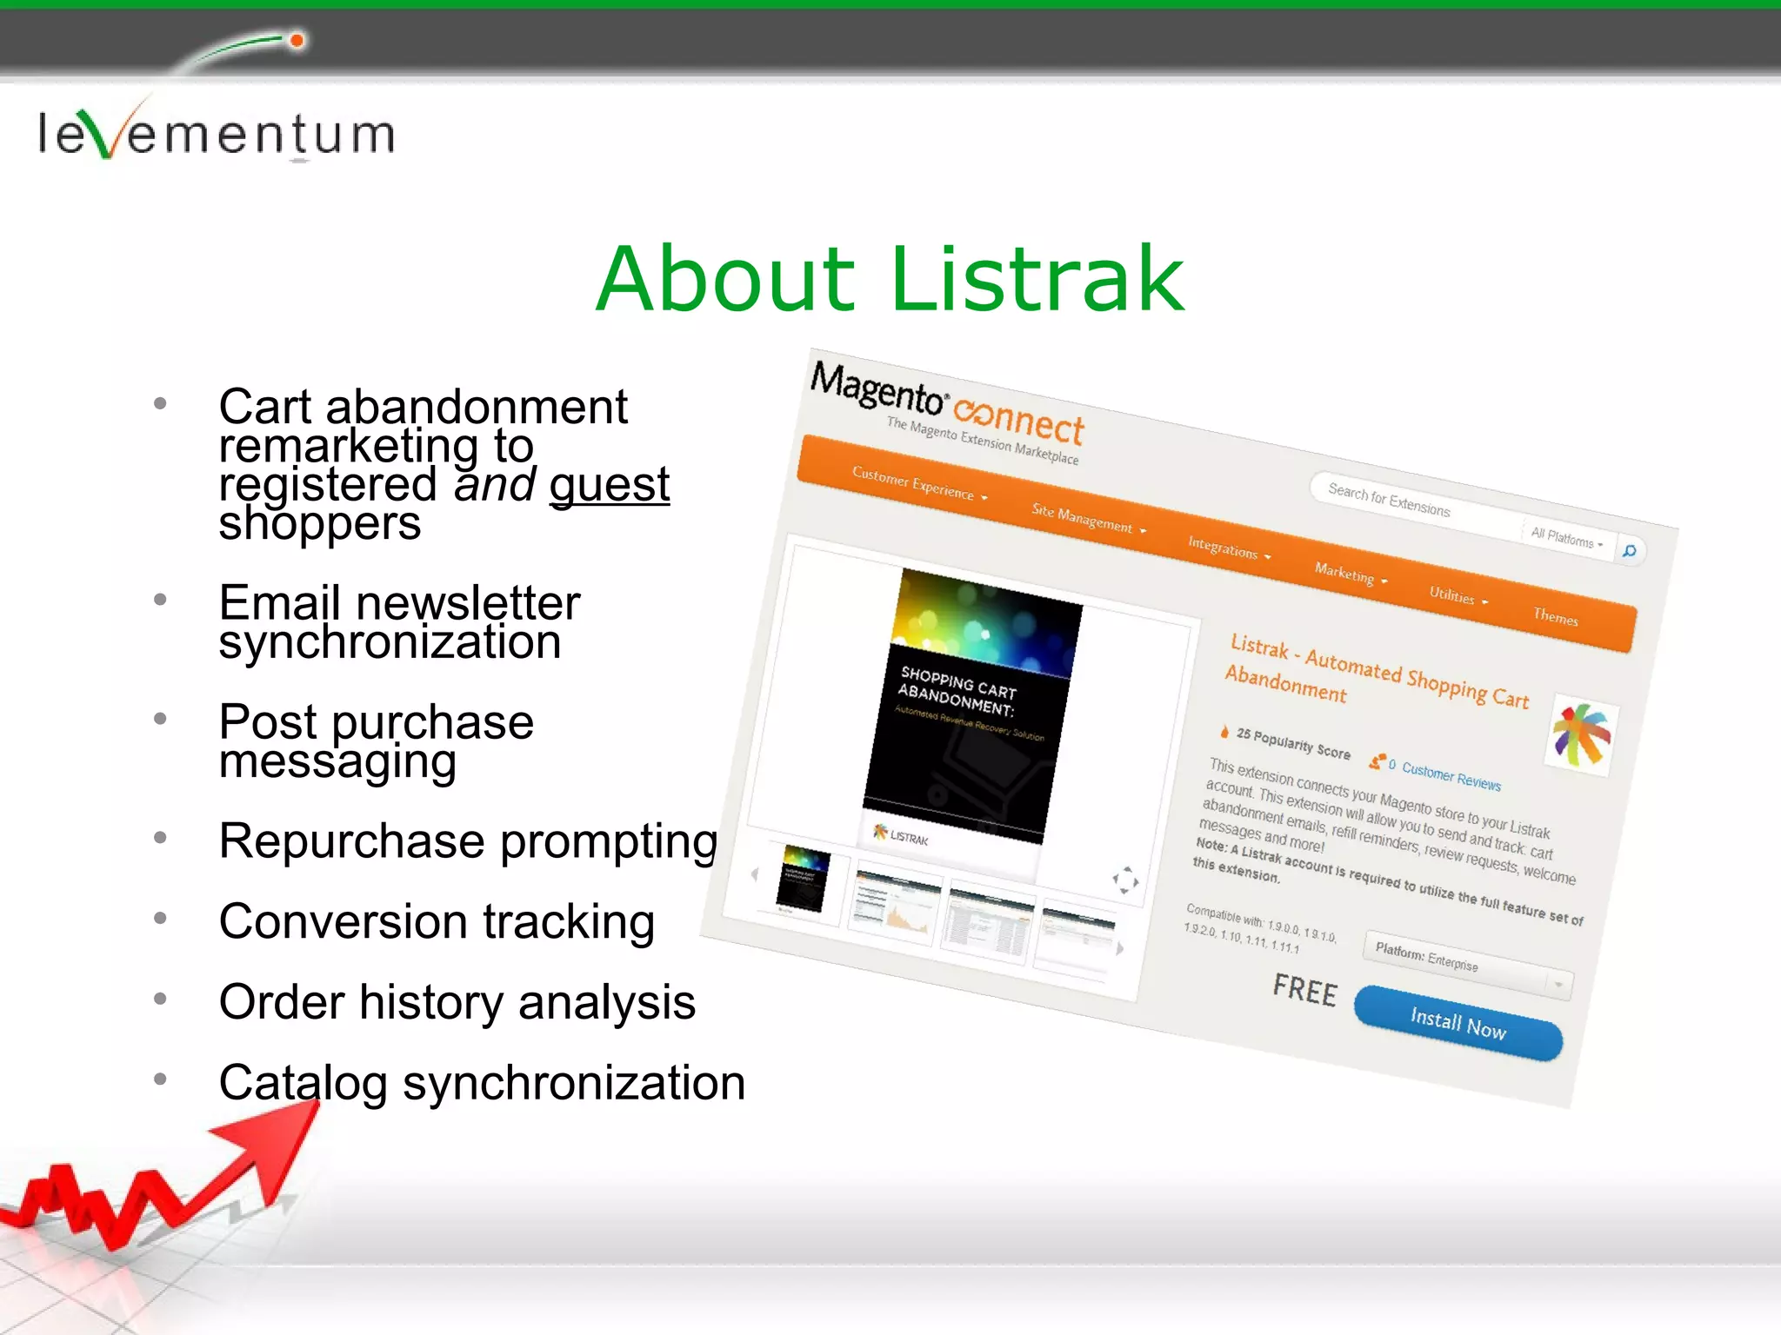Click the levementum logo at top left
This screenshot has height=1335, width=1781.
[x=216, y=132]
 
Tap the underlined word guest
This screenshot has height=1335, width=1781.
[x=609, y=485]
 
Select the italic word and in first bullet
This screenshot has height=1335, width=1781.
[x=495, y=485]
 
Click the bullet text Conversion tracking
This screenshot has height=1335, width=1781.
[x=437, y=922]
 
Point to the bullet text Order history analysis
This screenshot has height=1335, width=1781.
[x=457, y=1002]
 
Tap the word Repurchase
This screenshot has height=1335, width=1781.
[x=351, y=841]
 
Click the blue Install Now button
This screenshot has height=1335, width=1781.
[x=1457, y=1023]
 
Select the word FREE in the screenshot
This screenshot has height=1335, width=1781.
[x=1304, y=990]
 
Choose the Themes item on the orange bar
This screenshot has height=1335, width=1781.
[x=1555, y=617]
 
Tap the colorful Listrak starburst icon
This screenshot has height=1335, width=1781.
[x=1582, y=735]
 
